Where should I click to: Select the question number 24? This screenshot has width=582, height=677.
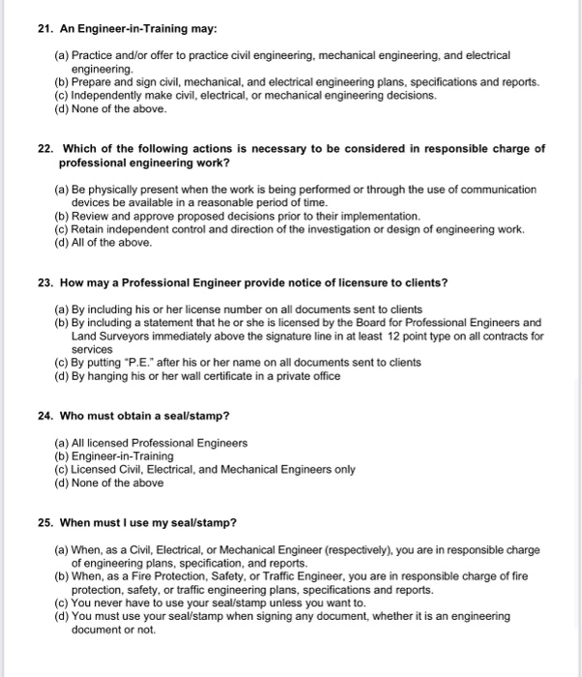pos(44,416)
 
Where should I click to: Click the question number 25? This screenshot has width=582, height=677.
pos(44,522)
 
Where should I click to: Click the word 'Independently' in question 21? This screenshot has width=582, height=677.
pos(108,96)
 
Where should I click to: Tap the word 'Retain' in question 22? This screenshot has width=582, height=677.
pos(89,229)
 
